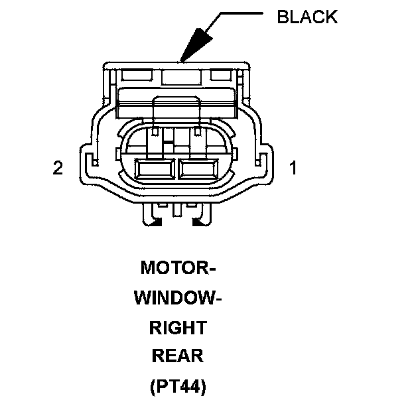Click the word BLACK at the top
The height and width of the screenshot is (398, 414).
tap(307, 17)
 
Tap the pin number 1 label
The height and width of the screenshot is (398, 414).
tap(293, 168)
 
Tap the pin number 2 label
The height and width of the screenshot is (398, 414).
tap(58, 168)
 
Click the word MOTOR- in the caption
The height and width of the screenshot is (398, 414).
tap(178, 269)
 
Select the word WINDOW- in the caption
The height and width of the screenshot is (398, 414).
tap(178, 298)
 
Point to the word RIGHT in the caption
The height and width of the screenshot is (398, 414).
tap(178, 327)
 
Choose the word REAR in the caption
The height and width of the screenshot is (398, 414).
tap(178, 356)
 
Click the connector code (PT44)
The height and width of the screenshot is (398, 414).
tap(178, 385)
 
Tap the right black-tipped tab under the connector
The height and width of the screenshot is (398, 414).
tap(198, 219)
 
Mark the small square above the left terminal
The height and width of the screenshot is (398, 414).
tap(154, 133)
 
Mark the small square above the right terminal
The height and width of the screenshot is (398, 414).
tap(198, 133)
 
